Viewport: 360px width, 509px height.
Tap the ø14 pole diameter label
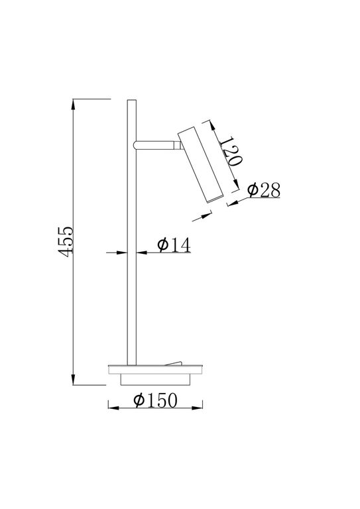(174, 245)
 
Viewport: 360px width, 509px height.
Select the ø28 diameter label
(263, 190)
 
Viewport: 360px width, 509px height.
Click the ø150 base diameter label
(157, 400)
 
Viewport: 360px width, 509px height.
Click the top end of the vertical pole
(131, 101)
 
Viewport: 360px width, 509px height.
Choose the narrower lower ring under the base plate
(154, 378)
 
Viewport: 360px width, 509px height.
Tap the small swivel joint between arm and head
(178, 144)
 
